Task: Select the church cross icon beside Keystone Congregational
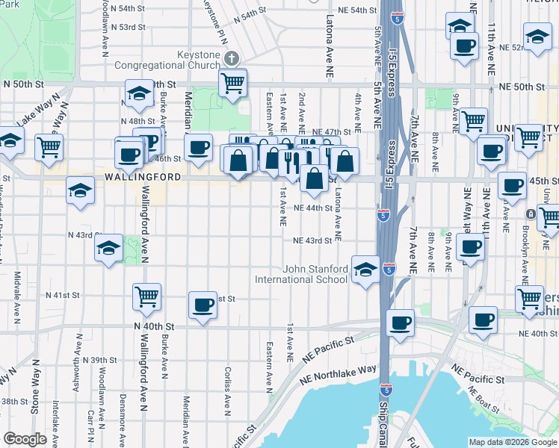232,57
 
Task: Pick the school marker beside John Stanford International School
365,270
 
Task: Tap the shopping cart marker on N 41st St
146,296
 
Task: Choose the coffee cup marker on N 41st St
203,304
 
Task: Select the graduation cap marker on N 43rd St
108,248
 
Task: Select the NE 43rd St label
312,240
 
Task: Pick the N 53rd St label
128,27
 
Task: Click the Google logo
25,439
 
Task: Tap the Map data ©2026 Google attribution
512,442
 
